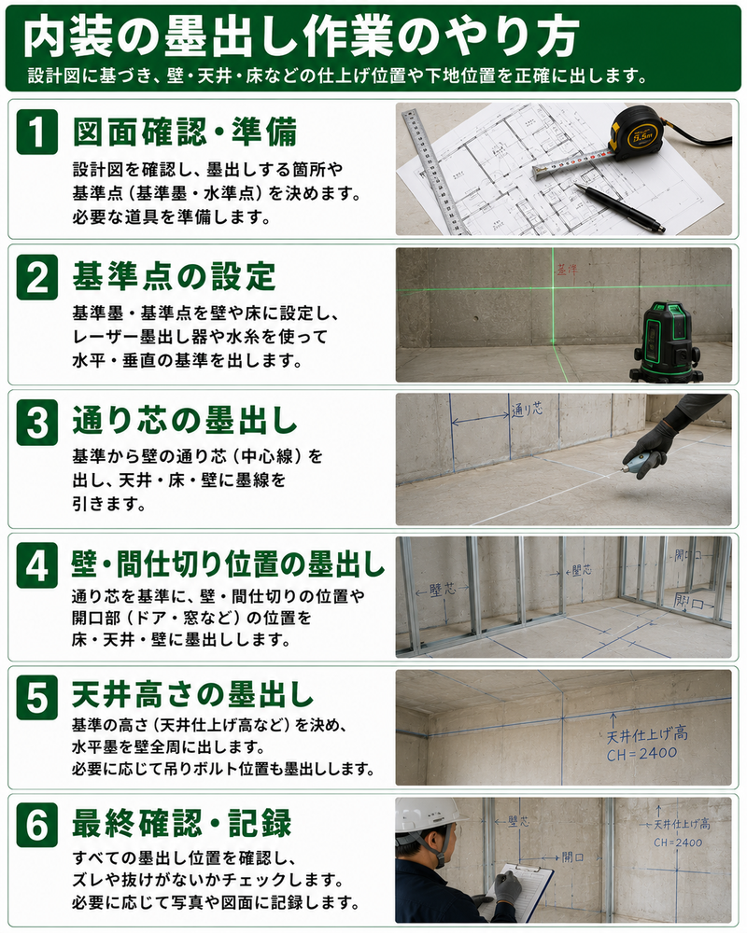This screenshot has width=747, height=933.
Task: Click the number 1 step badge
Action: click(x=37, y=132)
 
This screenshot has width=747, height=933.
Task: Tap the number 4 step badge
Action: click(x=37, y=565)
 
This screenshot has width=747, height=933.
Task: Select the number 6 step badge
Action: click(x=37, y=825)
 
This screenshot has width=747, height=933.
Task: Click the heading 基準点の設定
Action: click(x=174, y=276)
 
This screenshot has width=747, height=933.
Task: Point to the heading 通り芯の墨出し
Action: click(x=185, y=421)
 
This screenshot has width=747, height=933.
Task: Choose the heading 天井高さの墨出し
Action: click(x=192, y=694)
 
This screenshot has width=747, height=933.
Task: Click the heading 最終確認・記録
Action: click(x=182, y=824)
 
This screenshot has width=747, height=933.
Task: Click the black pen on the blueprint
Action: click(x=619, y=208)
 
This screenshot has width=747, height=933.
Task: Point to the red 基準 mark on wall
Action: click(x=566, y=270)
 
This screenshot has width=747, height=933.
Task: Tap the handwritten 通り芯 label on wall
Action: click(x=528, y=410)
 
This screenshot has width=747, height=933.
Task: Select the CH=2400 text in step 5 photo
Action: click(x=642, y=754)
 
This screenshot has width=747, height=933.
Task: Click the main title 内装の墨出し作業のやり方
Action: click(x=301, y=37)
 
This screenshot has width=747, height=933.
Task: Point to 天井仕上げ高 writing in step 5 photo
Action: click(x=647, y=735)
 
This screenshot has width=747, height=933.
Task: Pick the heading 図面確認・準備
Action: click(x=185, y=132)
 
